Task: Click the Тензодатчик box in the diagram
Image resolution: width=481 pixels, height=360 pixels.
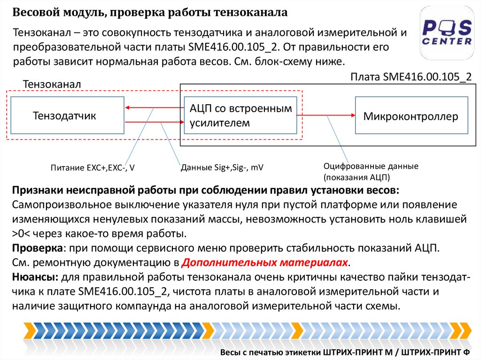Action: coord(67,115)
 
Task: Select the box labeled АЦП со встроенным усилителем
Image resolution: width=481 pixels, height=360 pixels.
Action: coord(240,115)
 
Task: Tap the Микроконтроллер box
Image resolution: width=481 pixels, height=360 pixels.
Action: coord(411,116)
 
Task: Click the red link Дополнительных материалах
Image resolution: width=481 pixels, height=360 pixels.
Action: coord(265,262)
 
